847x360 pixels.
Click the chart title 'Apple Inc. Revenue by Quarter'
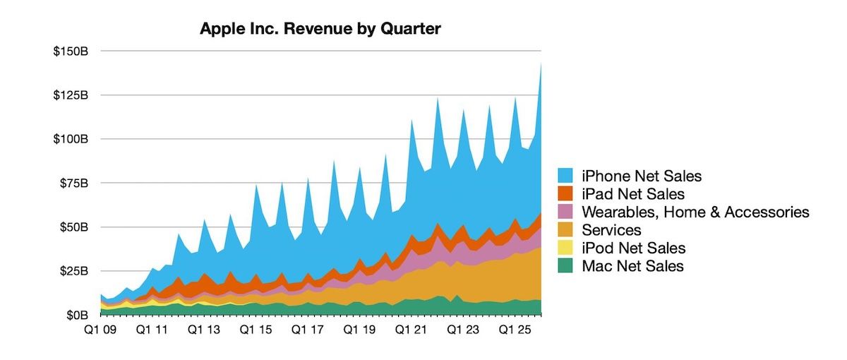tap(320, 29)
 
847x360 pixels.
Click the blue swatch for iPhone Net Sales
tap(567, 175)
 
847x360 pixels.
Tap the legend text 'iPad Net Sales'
tap(633, 193)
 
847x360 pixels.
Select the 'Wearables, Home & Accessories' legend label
tap(695, 212)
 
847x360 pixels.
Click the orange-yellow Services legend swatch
tap(567, 230)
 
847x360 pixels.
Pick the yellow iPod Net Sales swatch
tap(567, 248)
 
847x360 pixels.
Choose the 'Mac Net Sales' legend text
tap(632, 266)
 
